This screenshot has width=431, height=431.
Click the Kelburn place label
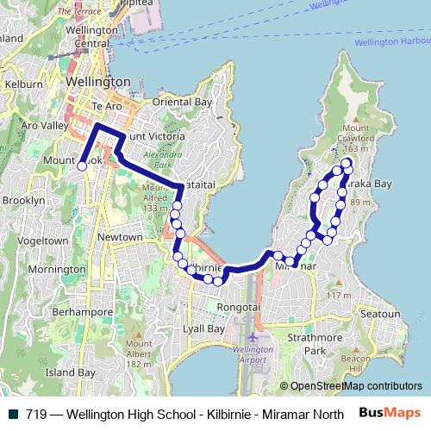pos(17,85)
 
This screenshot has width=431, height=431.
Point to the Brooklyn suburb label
pos(23,199)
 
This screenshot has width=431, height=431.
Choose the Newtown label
pos(120,237)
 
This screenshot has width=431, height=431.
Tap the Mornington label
pos(53,269)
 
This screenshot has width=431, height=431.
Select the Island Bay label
pos(70,372)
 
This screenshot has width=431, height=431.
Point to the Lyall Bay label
pos(204,329)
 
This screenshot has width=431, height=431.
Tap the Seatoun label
pos(379,315)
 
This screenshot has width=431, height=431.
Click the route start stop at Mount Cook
pos(82,166)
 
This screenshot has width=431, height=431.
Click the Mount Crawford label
pos(356,138)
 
